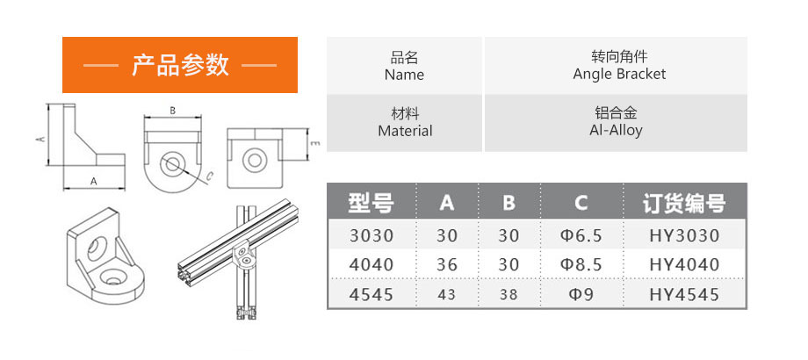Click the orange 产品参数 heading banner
[x=180, y=65]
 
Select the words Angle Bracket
[x=619, y=74]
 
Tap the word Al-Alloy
[x=616, y=130]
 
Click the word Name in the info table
[x=404, y=75]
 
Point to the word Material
[x=405, y=131]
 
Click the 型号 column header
[x=371, y=203]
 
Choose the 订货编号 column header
[x=684, y=203]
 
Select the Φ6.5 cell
[x=581, y=236]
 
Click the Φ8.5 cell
[x=581, y=264]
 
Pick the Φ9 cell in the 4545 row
[x=581, y=295]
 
